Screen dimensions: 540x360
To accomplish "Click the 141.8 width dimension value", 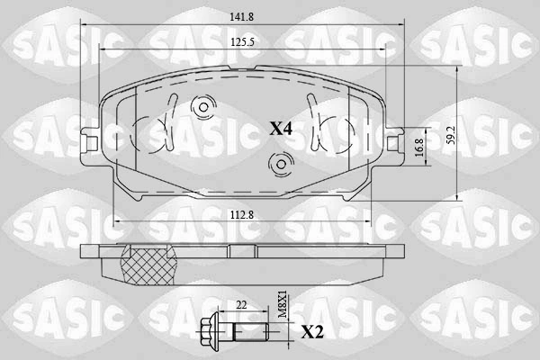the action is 242,16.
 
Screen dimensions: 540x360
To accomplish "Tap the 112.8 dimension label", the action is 242,215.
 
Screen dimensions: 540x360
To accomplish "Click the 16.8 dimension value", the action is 419,148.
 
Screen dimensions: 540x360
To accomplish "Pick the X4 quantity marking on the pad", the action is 281,130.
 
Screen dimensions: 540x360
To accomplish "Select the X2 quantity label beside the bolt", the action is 312,333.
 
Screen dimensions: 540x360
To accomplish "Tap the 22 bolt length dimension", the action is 242,305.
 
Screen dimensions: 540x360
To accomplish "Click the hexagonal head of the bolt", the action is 209,331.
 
